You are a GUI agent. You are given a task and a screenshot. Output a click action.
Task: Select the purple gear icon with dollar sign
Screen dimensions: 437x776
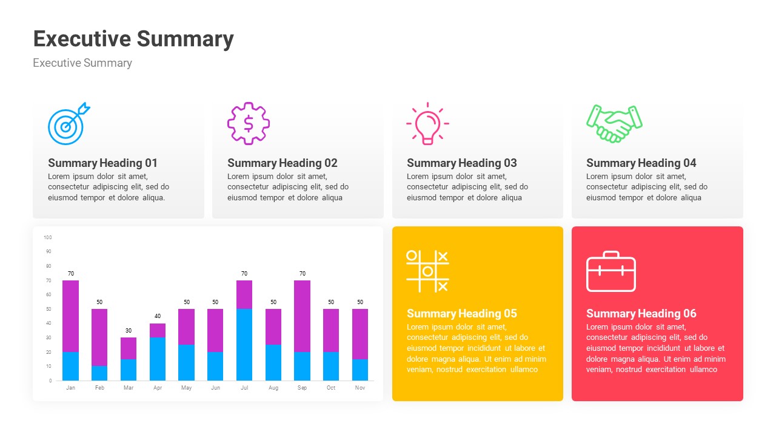pyautogui.click(x=248, y=123)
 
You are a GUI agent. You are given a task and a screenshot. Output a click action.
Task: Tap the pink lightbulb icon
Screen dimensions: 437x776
pyautogui.click(x=427, y=124)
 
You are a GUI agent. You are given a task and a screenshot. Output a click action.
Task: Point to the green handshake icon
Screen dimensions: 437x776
pyautogui.click(x=614, y=124)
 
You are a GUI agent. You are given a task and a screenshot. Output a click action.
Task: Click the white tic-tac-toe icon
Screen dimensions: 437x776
pyautogui.click(x=427, y=271)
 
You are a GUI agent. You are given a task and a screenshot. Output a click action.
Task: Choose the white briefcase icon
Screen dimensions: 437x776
pyautogui.click(x=610, y=271)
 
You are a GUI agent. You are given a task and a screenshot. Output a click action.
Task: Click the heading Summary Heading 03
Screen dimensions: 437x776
pyautogui.click(x=461, y=163)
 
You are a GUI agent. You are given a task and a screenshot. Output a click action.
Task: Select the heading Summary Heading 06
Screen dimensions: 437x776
pyautogui.click(x=641, y=313)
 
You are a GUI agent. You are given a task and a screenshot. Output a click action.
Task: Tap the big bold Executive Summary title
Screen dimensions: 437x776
pyautogui.click(x=133, y=38)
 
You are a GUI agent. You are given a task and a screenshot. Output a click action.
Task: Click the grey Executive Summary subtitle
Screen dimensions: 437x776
pyautogui.click(x=82, y=63)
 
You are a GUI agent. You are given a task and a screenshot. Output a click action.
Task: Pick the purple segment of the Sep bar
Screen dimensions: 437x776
pyautogui.click(x=303, y=316)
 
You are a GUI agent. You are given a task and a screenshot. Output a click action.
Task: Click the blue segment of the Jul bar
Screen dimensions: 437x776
pyautogui.click(x=244, y=345)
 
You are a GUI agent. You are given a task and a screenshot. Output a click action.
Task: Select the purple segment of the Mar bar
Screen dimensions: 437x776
pyautogui.click(x=128, y=348)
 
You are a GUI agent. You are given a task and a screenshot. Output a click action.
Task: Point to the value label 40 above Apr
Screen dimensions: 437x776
pyautogui.click(x=158, y=316)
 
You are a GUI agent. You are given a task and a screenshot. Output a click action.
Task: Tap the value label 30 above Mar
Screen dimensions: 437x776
pyautogui.click(x=128, y=331)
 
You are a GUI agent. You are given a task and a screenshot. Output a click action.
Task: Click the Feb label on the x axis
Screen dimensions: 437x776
pyautogui.click(x=99, y=388)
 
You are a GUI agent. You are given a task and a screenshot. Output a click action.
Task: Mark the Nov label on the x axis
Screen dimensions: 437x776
pyautogui.click(x=360, y=388)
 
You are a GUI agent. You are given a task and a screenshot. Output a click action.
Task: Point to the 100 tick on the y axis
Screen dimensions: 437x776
pyautogui.click(x=48, y=237)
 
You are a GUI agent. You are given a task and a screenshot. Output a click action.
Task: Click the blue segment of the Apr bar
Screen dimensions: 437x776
pyautogui.click(x=158, y=359)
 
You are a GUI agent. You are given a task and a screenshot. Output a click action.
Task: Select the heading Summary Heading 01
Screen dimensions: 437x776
pyautogui.click(x=102, y=163)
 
